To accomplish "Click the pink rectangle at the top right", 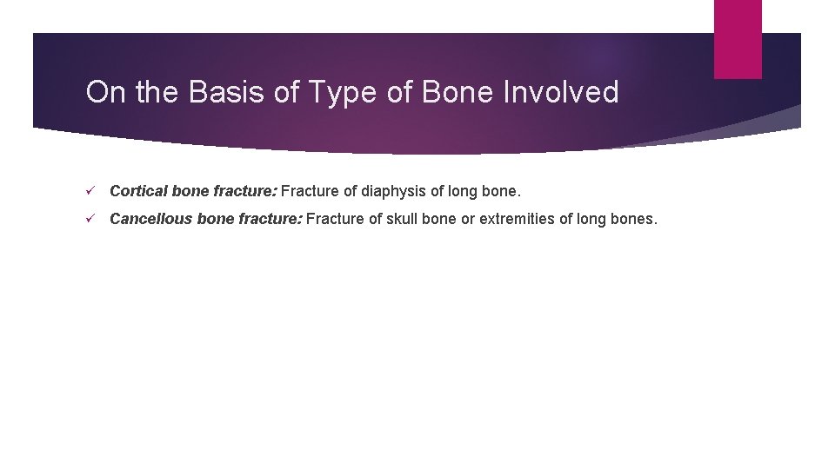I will click(x=737, y=39).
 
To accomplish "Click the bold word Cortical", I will click(x=137, y=190).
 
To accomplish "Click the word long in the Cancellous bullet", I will click(x=592, y=219).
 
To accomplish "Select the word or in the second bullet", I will click(x=468, y=219).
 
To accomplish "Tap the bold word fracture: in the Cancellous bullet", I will click(x=270, y=219).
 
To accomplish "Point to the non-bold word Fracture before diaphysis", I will click(x=311, y=190).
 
